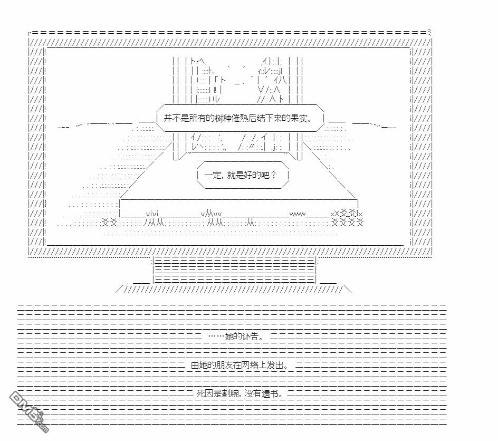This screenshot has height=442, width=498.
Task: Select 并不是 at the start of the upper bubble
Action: click(x=176, y=119)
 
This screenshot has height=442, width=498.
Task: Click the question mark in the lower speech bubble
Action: click(x=272, y=175)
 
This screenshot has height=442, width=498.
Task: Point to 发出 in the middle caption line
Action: click(x=277, y=365)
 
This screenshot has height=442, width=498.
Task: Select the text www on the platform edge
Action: click(x=298, y=214)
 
